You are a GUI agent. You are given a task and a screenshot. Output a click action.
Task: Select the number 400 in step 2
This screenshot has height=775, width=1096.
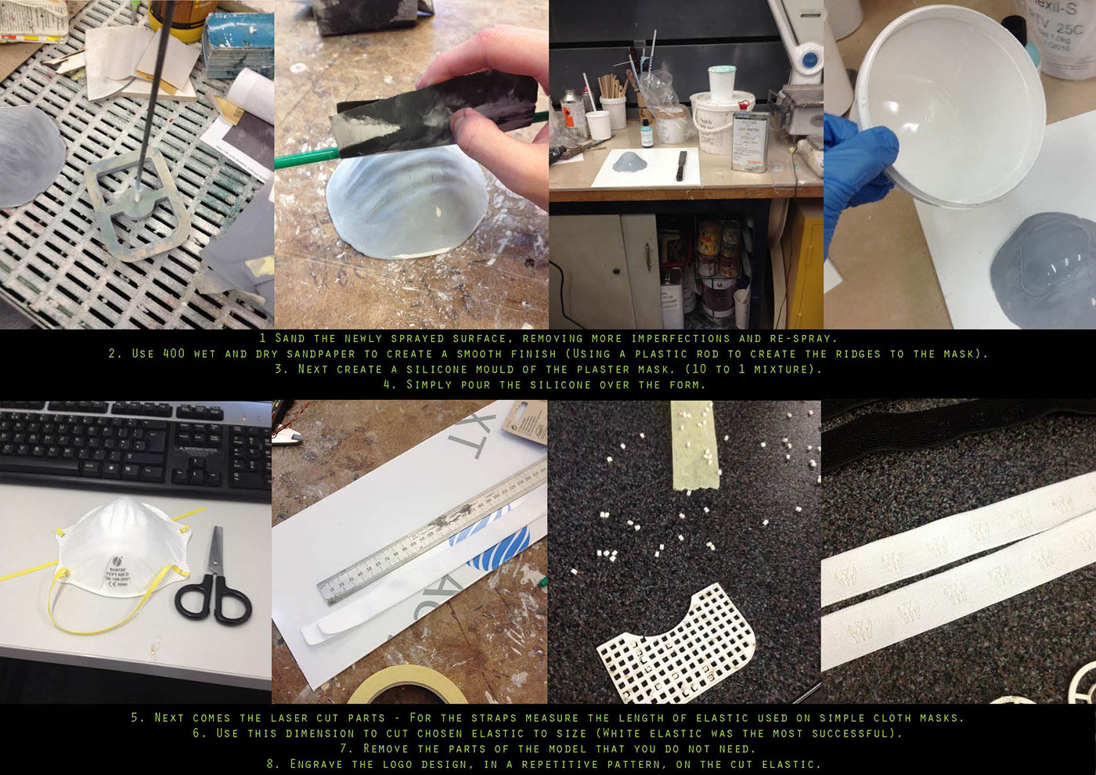click(x=174, y=354)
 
